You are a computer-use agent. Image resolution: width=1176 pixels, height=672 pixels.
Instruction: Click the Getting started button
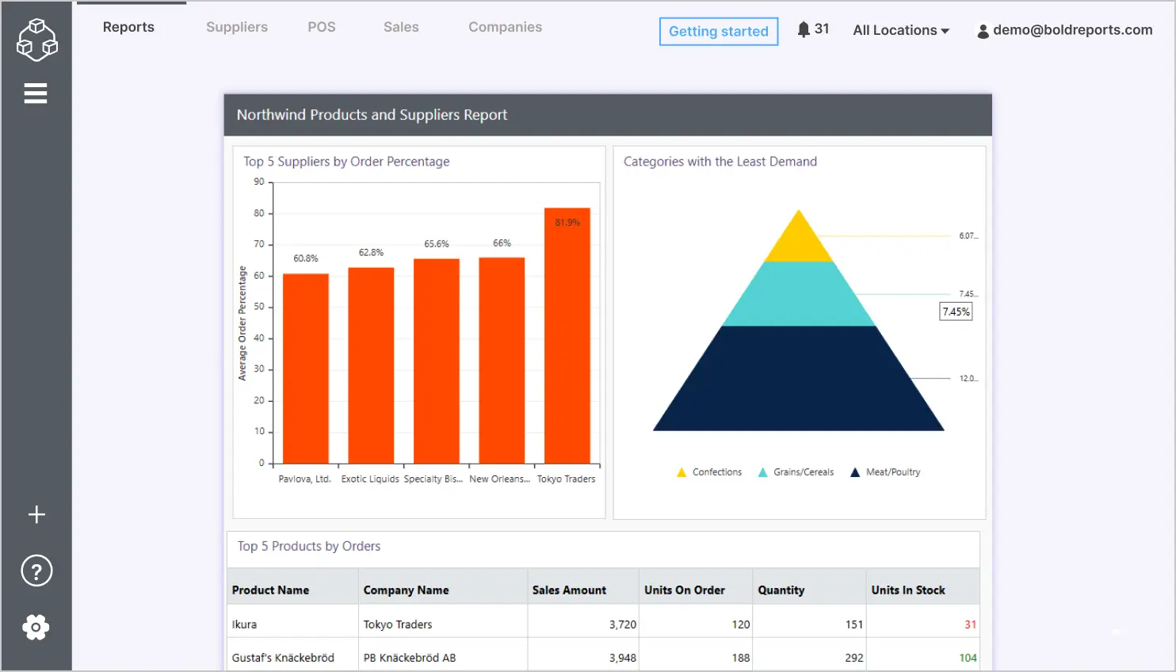(x=718, y=32)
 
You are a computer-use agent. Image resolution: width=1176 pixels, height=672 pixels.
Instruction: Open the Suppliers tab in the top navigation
(x=237, y=27)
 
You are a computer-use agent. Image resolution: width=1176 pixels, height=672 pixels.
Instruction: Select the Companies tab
(x=505, y=27)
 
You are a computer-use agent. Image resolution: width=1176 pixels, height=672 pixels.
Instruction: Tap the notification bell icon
(x=804, y=29)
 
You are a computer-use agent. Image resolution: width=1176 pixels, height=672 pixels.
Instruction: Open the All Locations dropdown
(x=900, y=30)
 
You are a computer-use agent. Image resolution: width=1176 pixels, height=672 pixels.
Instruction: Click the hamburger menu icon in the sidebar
(x=36, y=94)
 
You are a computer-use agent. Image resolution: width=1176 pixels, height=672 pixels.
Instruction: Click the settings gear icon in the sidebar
(x=36, y=627)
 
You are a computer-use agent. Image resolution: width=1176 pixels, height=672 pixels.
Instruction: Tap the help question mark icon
(x=36, y=571)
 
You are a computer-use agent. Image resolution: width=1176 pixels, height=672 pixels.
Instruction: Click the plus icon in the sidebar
(x=36, y=514)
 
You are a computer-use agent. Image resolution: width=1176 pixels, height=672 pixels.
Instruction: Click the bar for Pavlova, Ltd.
(x=306, y=368)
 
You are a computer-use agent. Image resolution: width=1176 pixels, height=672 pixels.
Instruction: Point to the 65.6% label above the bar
(x=436, y=244)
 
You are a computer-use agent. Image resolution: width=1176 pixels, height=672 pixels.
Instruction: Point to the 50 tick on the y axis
(x=259, y=307)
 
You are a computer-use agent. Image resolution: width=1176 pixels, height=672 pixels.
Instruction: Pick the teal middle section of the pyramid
(x=799, y=295)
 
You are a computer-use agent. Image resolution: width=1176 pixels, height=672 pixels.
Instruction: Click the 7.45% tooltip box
(x=956, y=311)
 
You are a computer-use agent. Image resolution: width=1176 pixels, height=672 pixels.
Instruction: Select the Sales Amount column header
(x=569, y=590)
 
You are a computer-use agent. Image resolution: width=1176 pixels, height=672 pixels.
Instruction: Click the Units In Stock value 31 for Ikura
(x=970, y=624)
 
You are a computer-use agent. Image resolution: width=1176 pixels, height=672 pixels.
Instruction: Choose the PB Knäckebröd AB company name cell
(x=410, y=658)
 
